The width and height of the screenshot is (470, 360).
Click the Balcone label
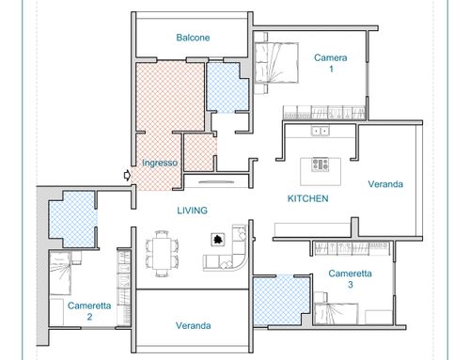[193, 38]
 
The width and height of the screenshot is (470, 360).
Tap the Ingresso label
[160, 163]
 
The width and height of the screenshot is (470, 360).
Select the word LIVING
[193, 211]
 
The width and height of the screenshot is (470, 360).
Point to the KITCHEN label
[308, 198]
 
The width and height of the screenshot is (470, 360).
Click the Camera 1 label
[331, 63]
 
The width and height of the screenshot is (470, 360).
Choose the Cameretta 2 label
[89, 311]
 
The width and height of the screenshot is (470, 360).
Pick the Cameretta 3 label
[350, 278]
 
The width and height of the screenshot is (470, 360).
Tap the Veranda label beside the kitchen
[385, 184]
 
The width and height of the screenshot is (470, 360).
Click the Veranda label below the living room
[193, 325]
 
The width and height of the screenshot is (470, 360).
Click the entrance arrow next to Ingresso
[127, 175]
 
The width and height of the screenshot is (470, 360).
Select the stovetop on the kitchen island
[321, 164]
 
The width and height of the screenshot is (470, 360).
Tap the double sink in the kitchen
[321, 130]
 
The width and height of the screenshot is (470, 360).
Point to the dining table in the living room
[163, 254]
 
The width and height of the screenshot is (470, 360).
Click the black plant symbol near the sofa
[218, 240]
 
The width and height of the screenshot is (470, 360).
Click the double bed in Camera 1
[275, 63]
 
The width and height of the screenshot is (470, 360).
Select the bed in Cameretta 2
[60, 274]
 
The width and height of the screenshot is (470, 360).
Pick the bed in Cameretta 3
[336, 314]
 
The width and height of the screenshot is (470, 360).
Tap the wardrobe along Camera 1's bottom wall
[324, 113]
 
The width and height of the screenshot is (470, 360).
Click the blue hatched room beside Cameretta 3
[281, 301]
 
